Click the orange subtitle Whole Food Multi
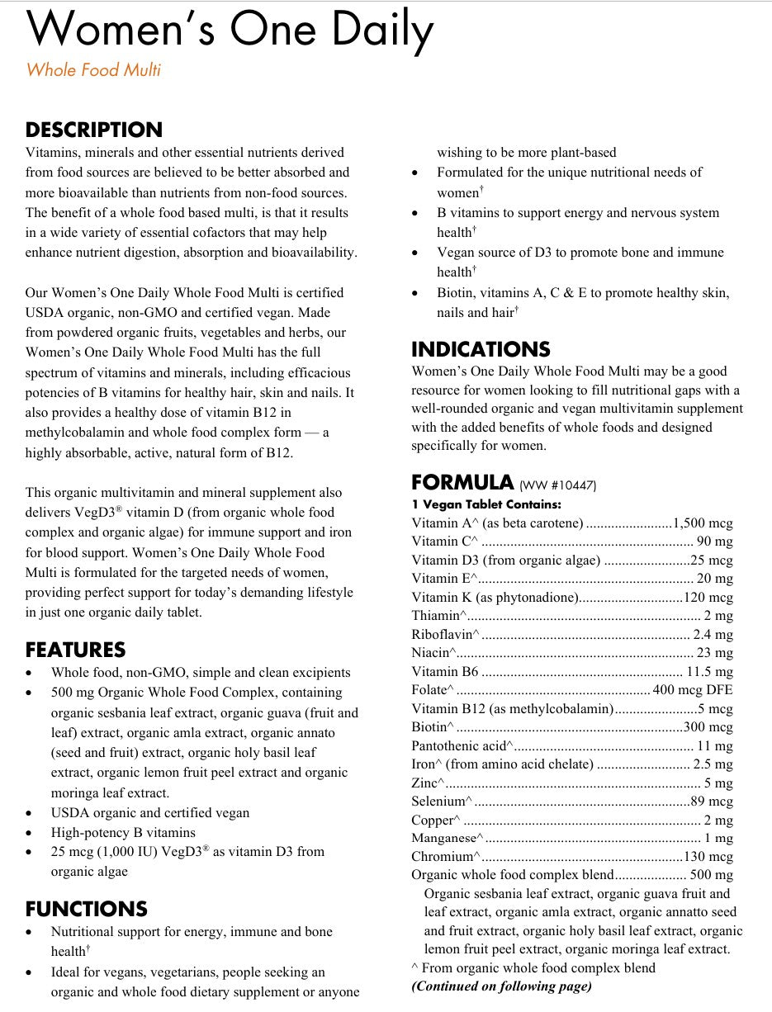pyautogui.click(x=93, y=70)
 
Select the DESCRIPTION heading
pyautogui.click(x=94, y=130)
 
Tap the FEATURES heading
pyautogui.click(x=75, y=650)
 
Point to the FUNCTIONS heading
pyautogui.click(x=86, y=909)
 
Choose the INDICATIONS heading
pyautogui.click(x=481, y=349)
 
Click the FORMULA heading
pyautogui.click(x=462, y=482)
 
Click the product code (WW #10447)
pyautogui.click(x=557, y=485)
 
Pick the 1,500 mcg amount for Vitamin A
pyautogui.click(x=703, y=523)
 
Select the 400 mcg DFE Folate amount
pyautogui.click(x=692, y=690)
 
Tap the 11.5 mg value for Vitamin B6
pyautogui.click(x=709, y=672)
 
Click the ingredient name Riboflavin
pyautogui.click(x=443, y=635)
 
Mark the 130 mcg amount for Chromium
pyautogui.click(x=708, y=857)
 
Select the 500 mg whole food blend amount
pyautogui.click(x=711, y=875)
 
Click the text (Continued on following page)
pyautogui.click(x=501, y=986)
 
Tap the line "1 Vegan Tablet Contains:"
pyautogui.click(x=485, y=504)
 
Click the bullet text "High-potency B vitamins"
pyautogui.click(x=123, y=832)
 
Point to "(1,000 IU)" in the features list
pyautogui.click(x=121, y=852)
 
